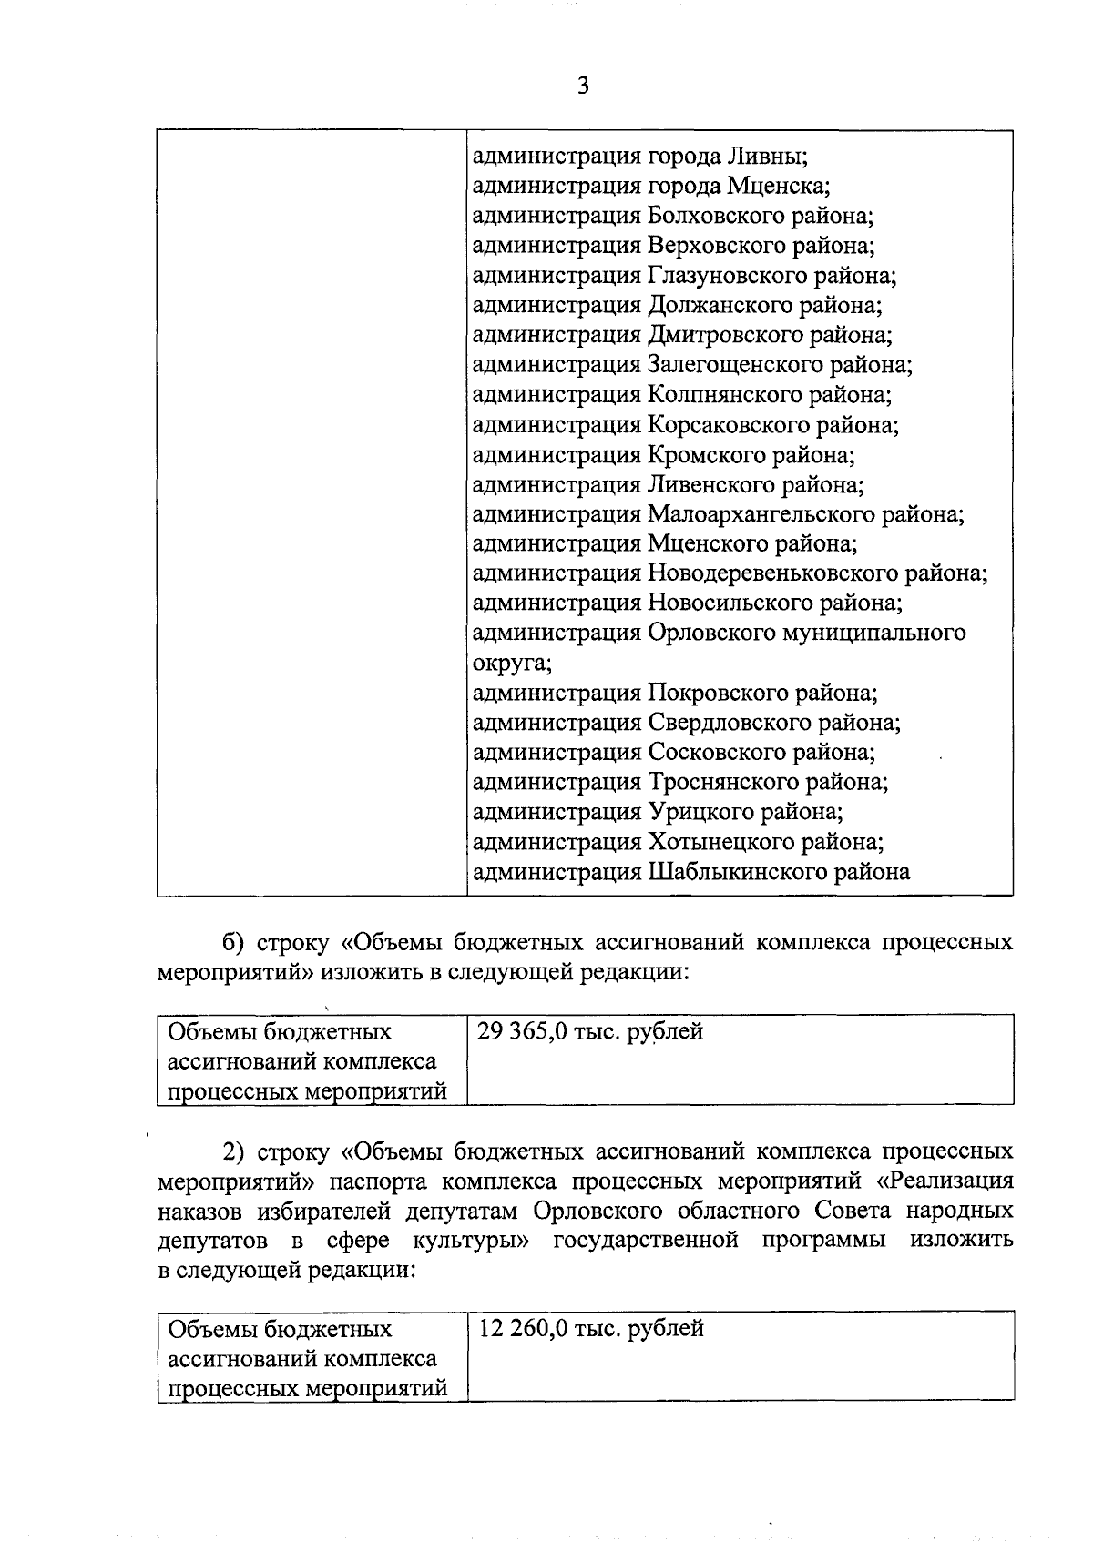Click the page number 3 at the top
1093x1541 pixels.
pos(583,86)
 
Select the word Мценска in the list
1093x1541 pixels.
pos(778,187)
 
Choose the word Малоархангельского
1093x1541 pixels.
pos(761,514)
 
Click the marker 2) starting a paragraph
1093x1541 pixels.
pos(236,1151)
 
